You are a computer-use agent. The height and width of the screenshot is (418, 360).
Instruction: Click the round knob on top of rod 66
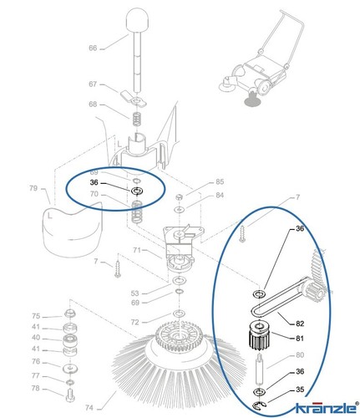[x=137, y=20]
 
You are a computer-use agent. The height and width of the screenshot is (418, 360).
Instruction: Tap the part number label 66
[x=93, y=48]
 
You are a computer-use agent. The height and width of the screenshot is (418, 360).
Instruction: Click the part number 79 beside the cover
[x=33, y=188]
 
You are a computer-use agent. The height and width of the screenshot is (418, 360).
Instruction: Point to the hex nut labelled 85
[x=180, y=197]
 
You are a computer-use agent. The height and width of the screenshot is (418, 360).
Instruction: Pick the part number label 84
[x=220, y=195]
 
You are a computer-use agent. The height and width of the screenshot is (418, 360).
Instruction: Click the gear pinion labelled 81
[x=259, y=336]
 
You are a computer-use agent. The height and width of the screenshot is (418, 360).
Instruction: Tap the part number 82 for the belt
[x=300, y=324]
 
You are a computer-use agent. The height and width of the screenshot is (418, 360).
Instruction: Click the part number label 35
[x=300, y=390]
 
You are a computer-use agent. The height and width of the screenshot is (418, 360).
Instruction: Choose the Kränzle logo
[x=327, y=407]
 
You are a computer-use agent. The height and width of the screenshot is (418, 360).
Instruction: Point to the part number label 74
[x=89, y=408]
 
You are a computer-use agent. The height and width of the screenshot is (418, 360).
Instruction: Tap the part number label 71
[x=136, y=250]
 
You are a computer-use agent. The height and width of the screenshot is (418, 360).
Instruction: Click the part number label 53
[x=134, y=293]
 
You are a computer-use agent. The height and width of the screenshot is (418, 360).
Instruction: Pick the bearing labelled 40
[x=70, y=340]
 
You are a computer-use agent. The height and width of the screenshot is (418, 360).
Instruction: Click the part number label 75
[x=36, y=316]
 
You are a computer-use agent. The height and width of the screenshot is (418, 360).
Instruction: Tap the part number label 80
[x=300, y=355]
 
